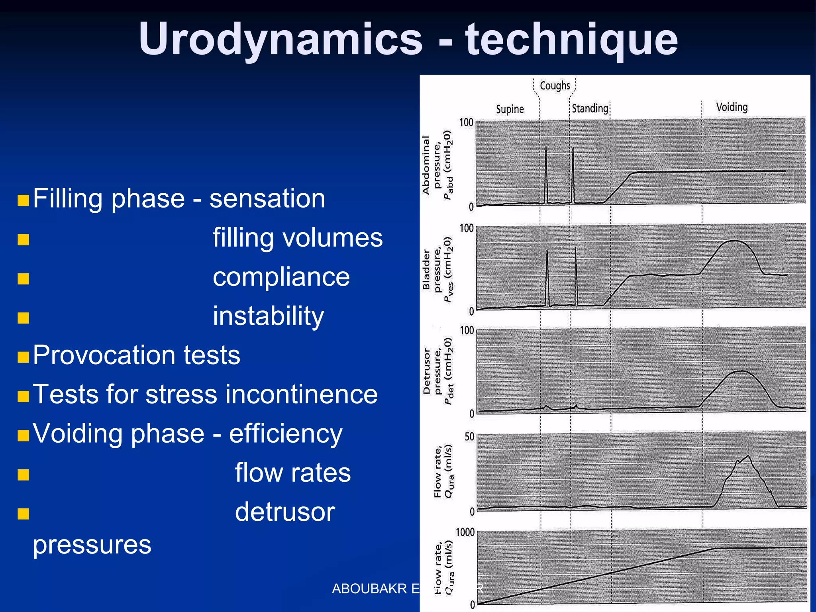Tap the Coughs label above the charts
[x=555, y=86]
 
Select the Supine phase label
[x=510, y=109]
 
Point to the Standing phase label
[x=590, y=108]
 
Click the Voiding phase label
[x=732, y=107]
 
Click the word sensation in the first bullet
[x=267, y=198]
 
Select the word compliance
[x=281, y=277]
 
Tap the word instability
[x=268, y=316]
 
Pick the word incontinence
[x=301, y=394]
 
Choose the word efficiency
[x=285, y=433]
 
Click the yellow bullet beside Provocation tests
[x=24, y=357]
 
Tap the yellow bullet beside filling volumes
[x=24, y=239]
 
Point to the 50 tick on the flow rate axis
[x=469, y=437]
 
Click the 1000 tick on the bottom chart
[x=465, y=532]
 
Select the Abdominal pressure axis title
[x=437, y=165]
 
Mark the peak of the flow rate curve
[x=748, y=456]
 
